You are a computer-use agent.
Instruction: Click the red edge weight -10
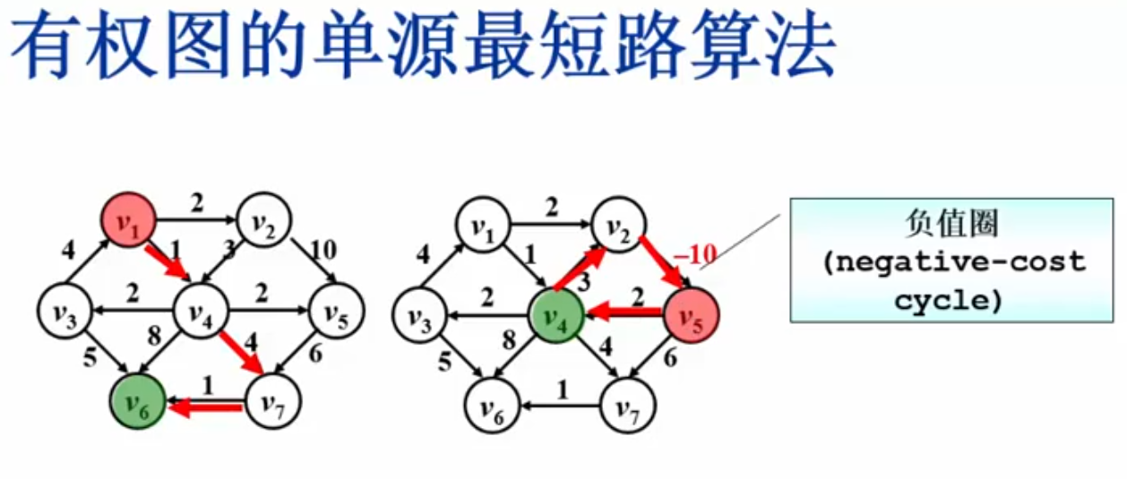coord(697,258)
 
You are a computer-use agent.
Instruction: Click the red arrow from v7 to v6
coord(205,408)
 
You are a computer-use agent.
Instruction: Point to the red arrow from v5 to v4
coord(624,314)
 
